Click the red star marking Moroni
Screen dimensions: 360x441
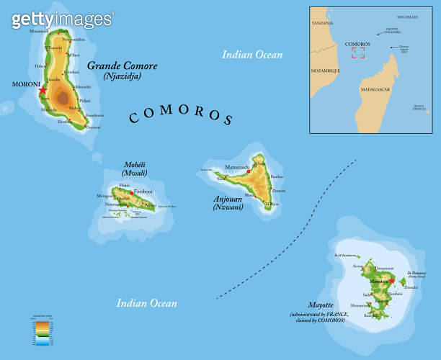pyautogui.click(x=43, y=91)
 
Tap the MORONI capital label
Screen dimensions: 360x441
pyautogui.click(x=27, y=84)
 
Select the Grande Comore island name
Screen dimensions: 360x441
pyautogui.click(x=122, y=66)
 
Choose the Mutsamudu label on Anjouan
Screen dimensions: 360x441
pyautogui.click(x=237, y=167)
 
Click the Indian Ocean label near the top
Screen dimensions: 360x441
pyautogui.click(x=252, y=54)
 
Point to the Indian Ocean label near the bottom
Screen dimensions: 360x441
pyautogui.click(x=147, y=303)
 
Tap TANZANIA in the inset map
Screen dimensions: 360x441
pyautogui.click(x=322, y=24)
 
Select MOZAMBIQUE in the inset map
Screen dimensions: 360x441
pyautogui.click(x=325, y=71)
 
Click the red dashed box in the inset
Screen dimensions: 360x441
pyautogui.click(x=357, y=53)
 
